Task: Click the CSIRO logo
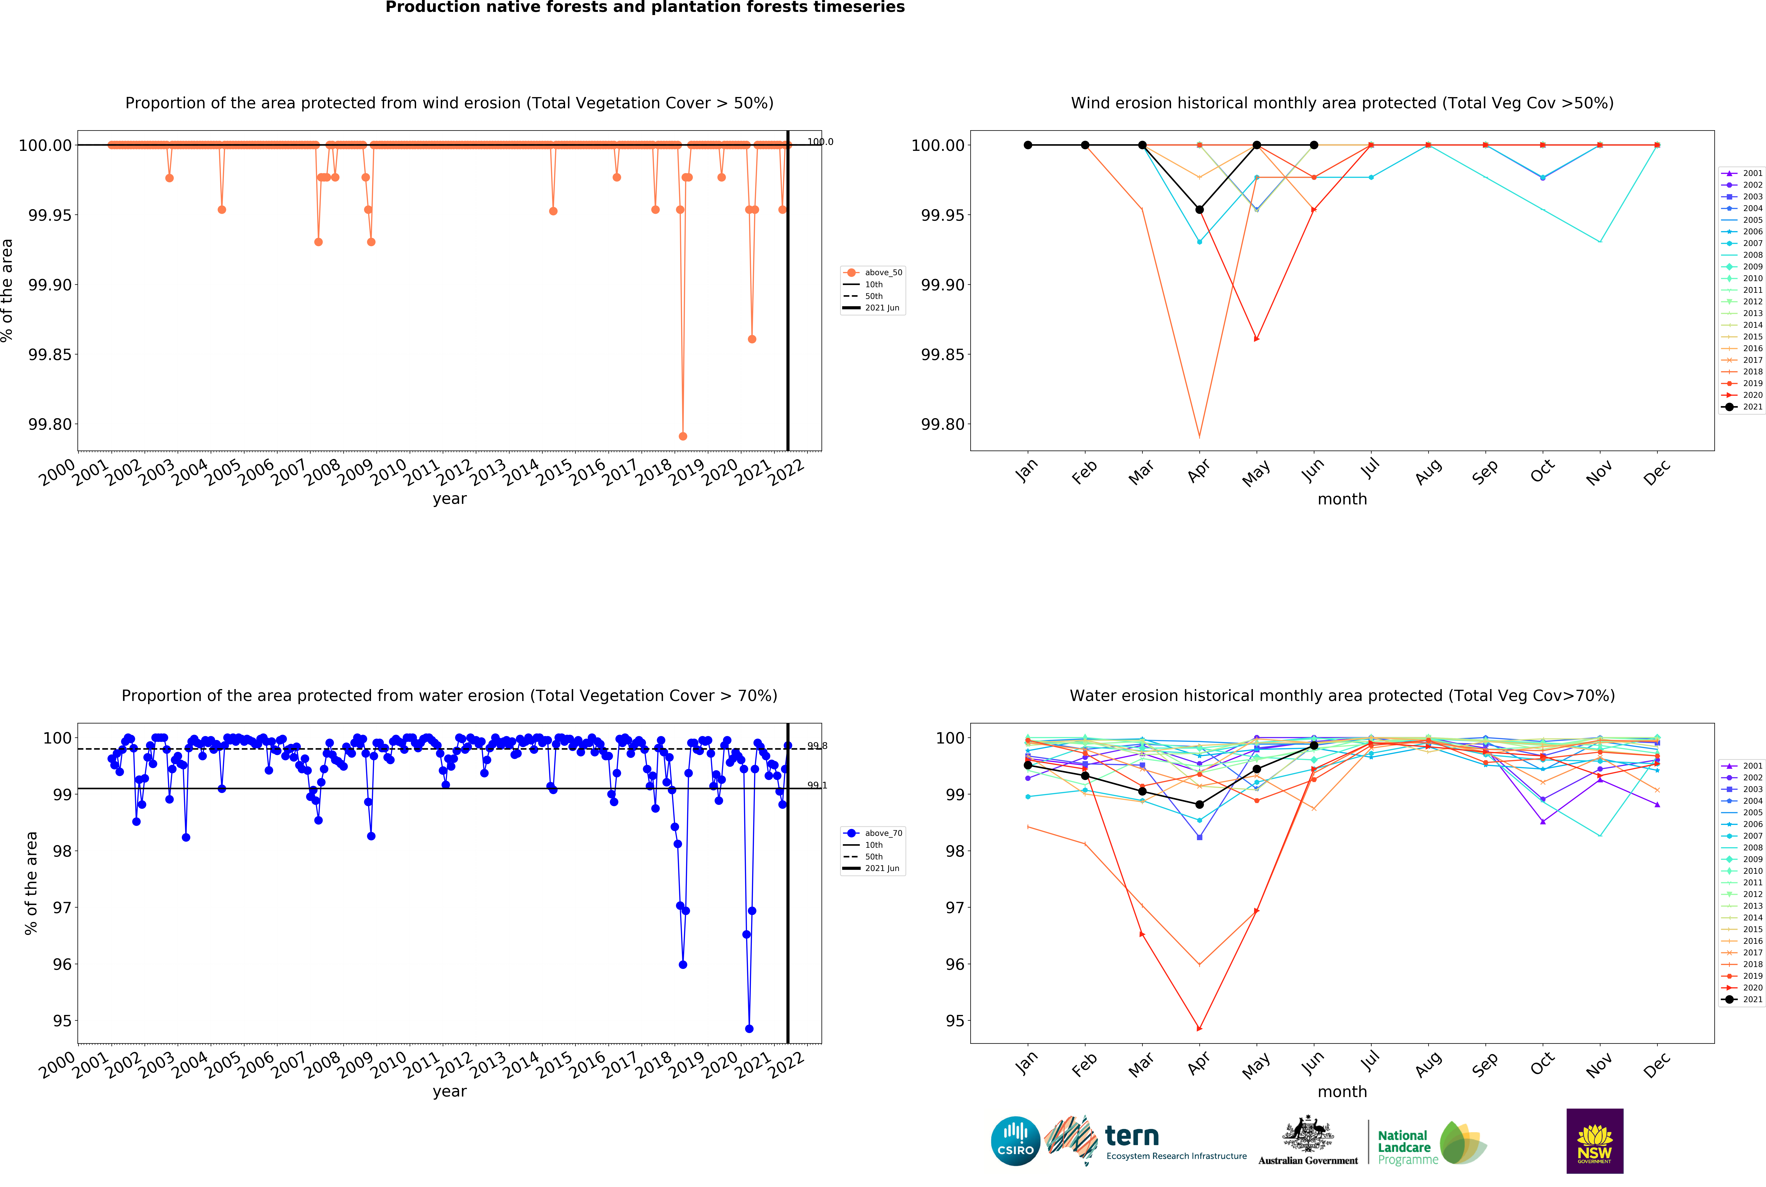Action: (1015, 1141)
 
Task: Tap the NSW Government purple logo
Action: (1594, 1141)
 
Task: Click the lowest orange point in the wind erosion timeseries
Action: (683, 436)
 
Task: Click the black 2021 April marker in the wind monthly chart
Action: (1199, 210)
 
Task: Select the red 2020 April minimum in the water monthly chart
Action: (1199, 1029)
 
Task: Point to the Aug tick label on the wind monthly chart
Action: (1428, 472)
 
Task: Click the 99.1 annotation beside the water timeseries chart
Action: (817, 785)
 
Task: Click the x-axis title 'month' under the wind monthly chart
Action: (1342, 499)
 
